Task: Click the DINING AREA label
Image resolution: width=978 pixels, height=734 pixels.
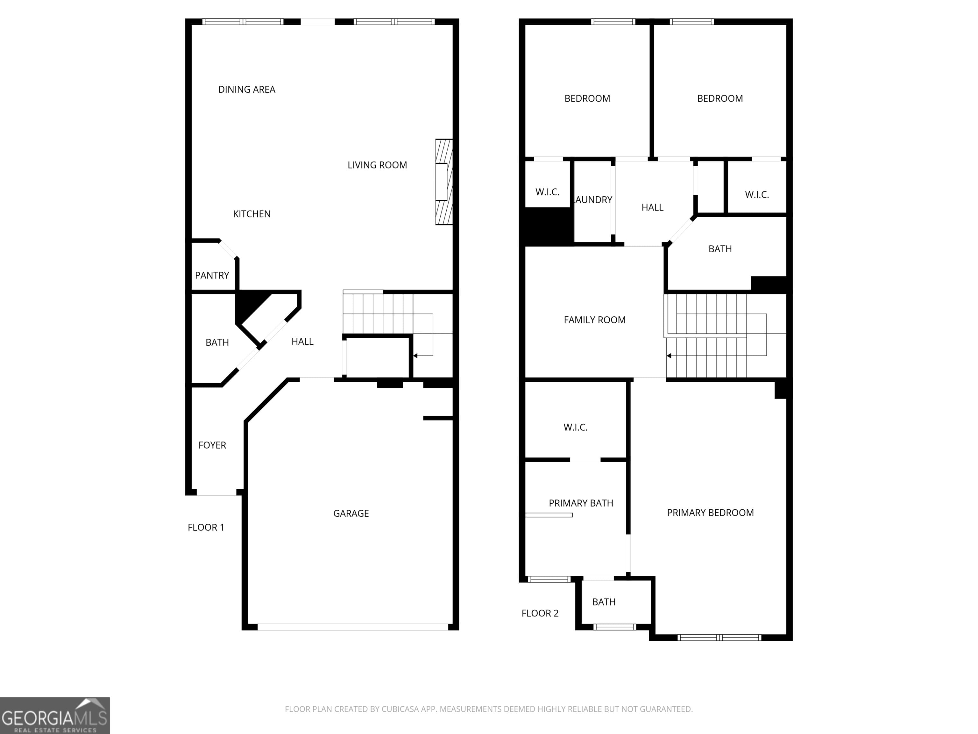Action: (247, 90)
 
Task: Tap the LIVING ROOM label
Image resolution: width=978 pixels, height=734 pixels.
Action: (377, 165)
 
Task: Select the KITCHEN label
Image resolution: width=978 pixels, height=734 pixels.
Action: (252, 214)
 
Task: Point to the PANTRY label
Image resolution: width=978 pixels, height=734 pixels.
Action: (212, 275)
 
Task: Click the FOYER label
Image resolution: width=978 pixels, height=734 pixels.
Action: (212, 445)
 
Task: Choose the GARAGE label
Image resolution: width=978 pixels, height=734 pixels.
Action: (351, 513)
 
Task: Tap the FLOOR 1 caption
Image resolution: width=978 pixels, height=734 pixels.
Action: (206, 527)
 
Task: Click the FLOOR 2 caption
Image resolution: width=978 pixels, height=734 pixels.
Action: (540, 613)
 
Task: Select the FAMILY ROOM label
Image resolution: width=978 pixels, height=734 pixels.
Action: (595, 320)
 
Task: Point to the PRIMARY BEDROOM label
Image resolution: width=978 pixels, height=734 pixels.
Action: (710, 513)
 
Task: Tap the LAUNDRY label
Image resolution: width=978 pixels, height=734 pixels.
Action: (593, 200)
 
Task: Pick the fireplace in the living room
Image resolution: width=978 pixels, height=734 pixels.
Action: (444, 182)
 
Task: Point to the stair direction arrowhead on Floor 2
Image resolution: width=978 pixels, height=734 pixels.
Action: (669, 356)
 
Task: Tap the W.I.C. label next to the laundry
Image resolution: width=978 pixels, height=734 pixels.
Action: (547, 192)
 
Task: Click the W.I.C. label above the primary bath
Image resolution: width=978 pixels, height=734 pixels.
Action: (575, 428)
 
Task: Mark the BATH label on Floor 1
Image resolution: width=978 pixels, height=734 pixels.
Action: (217, 342)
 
